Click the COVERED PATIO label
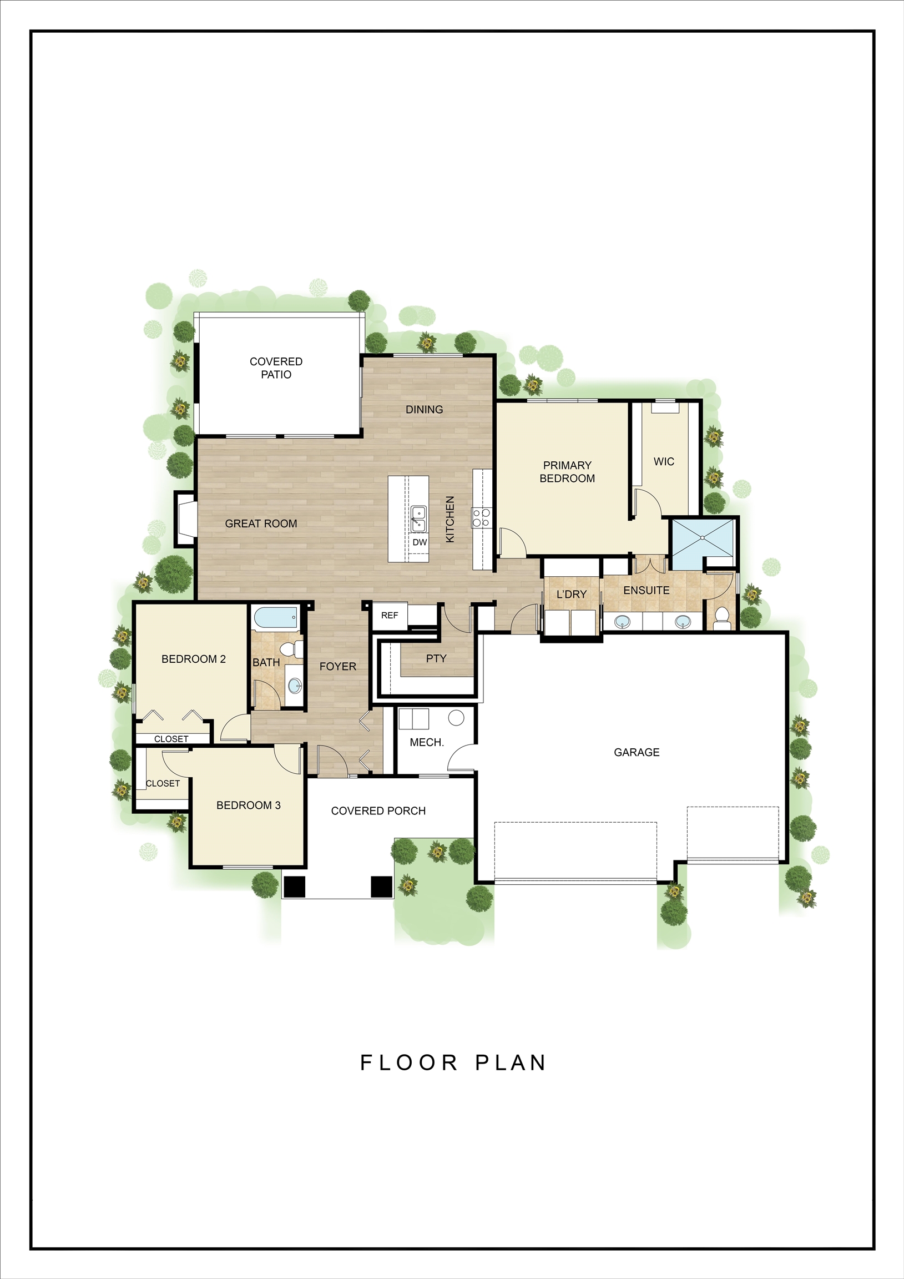pos(276,367)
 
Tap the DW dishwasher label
pos(420,542)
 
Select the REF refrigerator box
pos(390,616)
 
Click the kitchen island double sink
pos(418,518)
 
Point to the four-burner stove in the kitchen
pos(481,517)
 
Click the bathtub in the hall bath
pos(276,618)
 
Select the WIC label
pos(664,461)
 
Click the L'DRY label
pos(572,595)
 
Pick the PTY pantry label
pos(436,658)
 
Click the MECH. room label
pos(427,743)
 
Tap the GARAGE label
pos(637,752)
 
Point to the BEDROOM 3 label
pos(249,805)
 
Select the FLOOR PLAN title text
pos(453,1063)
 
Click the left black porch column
pos(295,887)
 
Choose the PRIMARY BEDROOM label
pos(567,472)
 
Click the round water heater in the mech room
pos(456,717)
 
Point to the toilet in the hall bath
pos(291,649)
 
